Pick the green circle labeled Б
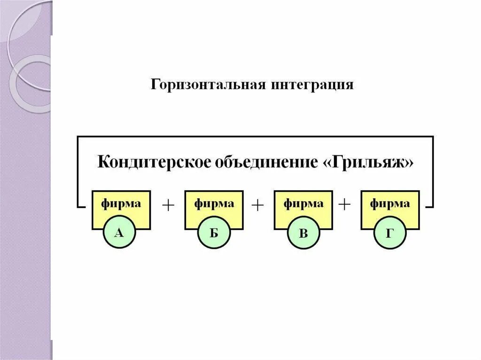click(x=213, y=233)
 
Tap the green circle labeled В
click(x=303, y=233)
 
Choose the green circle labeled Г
click(x=389, y=233)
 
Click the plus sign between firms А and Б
click(x=168, y=205)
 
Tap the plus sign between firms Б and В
click(x=258, y=205)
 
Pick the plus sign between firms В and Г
click(x=346, y=205)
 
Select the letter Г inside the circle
click(x=389, y=233)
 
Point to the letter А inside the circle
click(x=119, y=232)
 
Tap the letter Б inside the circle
click(x=213, y=233)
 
